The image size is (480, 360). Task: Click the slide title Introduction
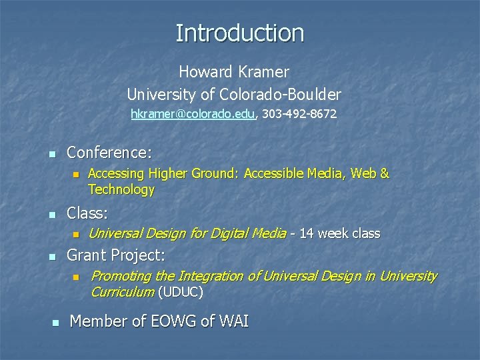tap(240, 33)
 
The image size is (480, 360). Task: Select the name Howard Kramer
tap(233, 71)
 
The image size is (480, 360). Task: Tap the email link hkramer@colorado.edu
tap(193, 114)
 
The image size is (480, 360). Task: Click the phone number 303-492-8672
tap(299, 114)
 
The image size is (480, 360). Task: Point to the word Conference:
tap(109, 153)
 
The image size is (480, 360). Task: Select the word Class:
tap(88, 214)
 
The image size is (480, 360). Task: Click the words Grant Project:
tap(116, 255)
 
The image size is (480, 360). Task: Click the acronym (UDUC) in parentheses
tap(181, 292)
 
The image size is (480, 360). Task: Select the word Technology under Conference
tap(121, 190)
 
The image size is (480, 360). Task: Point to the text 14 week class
tap(340, 233)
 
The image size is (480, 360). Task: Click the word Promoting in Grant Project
tap(121, 276)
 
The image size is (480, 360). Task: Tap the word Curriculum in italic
tap(122, 292)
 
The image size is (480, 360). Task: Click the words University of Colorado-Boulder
tap(233, 93)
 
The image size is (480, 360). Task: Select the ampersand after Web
tap(384, 173)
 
